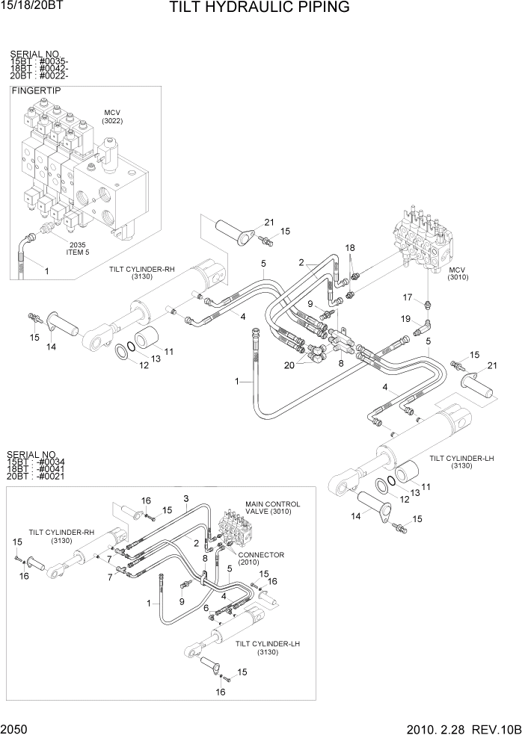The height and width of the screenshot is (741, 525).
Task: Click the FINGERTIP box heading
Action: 37,90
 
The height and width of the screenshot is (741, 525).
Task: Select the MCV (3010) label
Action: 457,273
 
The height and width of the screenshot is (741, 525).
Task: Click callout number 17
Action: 408,297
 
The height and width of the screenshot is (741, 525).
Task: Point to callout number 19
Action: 406,320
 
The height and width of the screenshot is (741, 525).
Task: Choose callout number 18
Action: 349,247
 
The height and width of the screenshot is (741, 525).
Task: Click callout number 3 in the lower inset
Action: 186,498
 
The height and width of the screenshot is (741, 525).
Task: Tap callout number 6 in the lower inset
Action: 206,608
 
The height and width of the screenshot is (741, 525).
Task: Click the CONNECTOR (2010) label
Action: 261,558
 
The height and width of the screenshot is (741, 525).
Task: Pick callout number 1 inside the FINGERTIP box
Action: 46,271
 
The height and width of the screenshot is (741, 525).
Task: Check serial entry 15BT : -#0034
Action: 36,462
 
